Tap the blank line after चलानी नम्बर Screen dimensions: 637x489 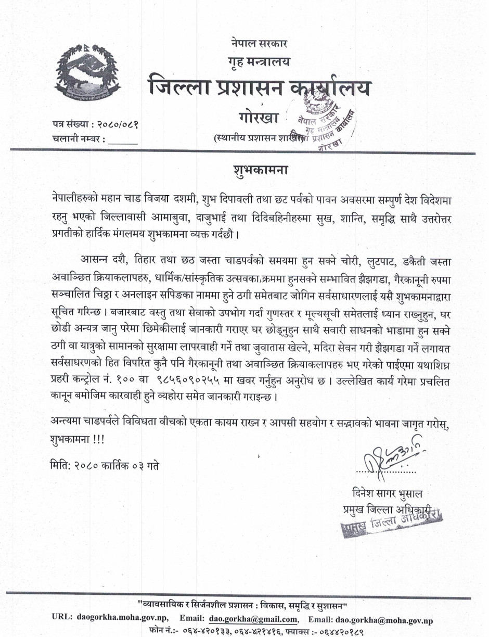[x=123, y=139]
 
